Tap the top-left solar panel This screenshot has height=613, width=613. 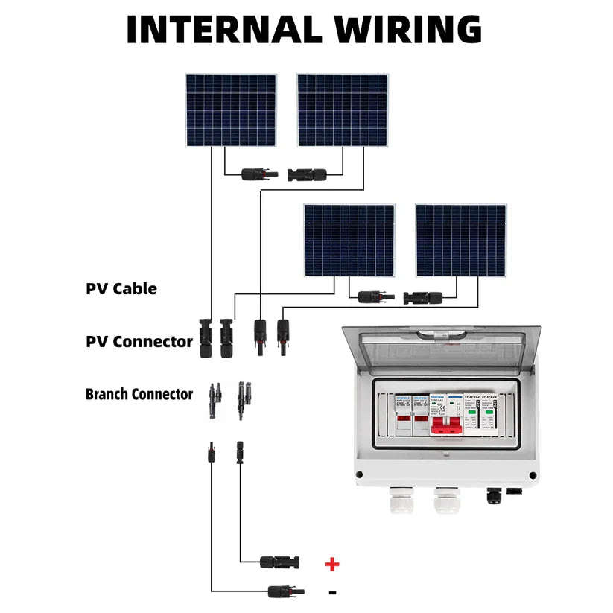pos(231,109)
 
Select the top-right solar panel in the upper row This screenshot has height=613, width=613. pos(342,109)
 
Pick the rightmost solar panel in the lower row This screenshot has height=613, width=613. pos(460,241)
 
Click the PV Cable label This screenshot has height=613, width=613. pos(121,289)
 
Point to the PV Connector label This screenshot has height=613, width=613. pos(139,342)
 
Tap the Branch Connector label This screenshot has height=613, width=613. pos(139,394)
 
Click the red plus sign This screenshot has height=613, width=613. pos(332,564)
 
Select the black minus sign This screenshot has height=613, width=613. pos(332,593)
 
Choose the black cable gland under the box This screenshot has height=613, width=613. pos(493,495)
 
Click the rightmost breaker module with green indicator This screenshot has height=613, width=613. pos(489,421)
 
